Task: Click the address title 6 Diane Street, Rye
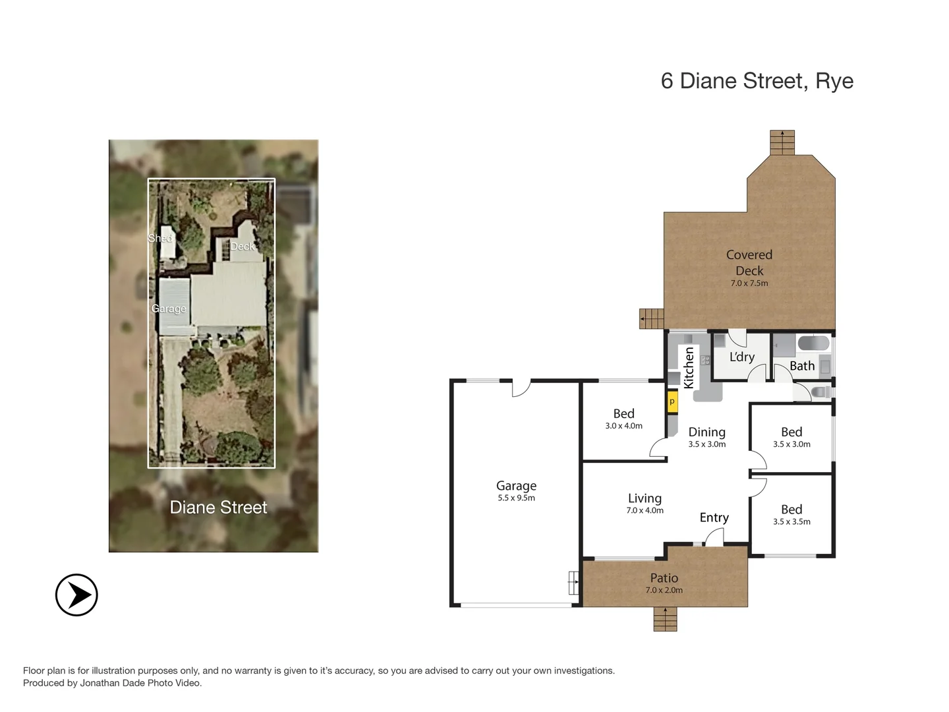pyautogui.click(x=757, y=81)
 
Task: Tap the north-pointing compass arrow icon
pyautogui.click(x=76, y=595)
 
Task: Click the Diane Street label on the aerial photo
pyautogui.click(x=218, y=507)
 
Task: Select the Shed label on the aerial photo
pyautogui.click(x=160, y=238)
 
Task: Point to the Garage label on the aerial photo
pyautogui.click(x=169, y=309)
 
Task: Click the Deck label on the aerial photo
pyautogui.click(x=242, y=246)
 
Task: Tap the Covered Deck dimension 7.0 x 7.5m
pyautogui.click(x=749, y=283)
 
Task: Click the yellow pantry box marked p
pyautogui.click(x=672, y=401)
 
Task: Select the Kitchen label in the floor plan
pyautogui.click(x=689, y=367)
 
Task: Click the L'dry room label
pyautogui.click(x=741, y=357)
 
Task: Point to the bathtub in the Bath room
pyautogui.click(x=813, y=343)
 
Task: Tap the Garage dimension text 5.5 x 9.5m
pyautogui.click(x=516, y=498)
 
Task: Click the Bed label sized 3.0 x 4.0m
pyautogui.click(x=623, y=413)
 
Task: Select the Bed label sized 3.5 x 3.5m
pyautogui.click(x=791, y=509)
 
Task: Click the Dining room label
pyautogui.click(x=706, y=432)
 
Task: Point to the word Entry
pyautogui.click(x=714, y=518)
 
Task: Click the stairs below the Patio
pyautogui.click(x=665, y=619)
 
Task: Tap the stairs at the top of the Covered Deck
pyautogui.click(x=782, y=142)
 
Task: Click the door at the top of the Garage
pyautogui.click(x=521, y=388)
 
